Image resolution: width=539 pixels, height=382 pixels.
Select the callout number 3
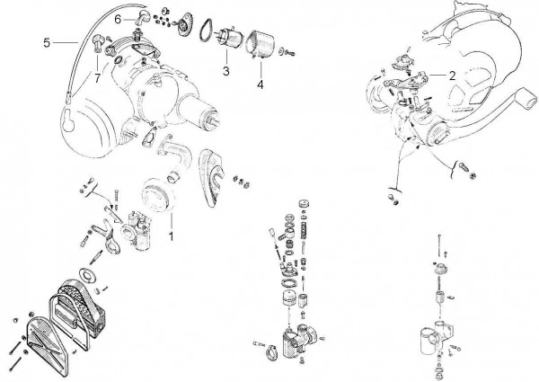pos(226,70)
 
